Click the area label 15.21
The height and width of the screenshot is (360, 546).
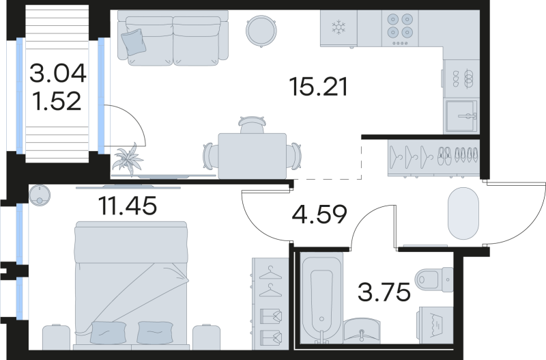tap(319, 87)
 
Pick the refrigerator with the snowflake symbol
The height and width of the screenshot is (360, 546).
tap(338, 29)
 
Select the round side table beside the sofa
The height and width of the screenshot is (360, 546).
tap(261, 29)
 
